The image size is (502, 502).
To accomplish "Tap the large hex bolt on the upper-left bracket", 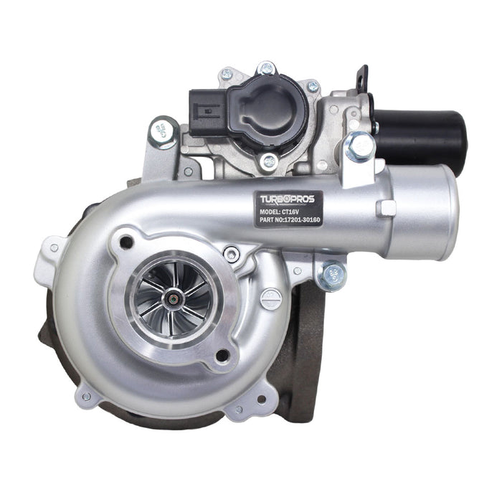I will (x=164, y=132).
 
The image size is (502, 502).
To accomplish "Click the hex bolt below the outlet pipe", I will (x=332, y=274).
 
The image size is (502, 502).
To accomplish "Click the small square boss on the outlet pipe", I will (x=387, y=208).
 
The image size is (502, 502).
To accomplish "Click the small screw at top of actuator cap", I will (x=267, y=70).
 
